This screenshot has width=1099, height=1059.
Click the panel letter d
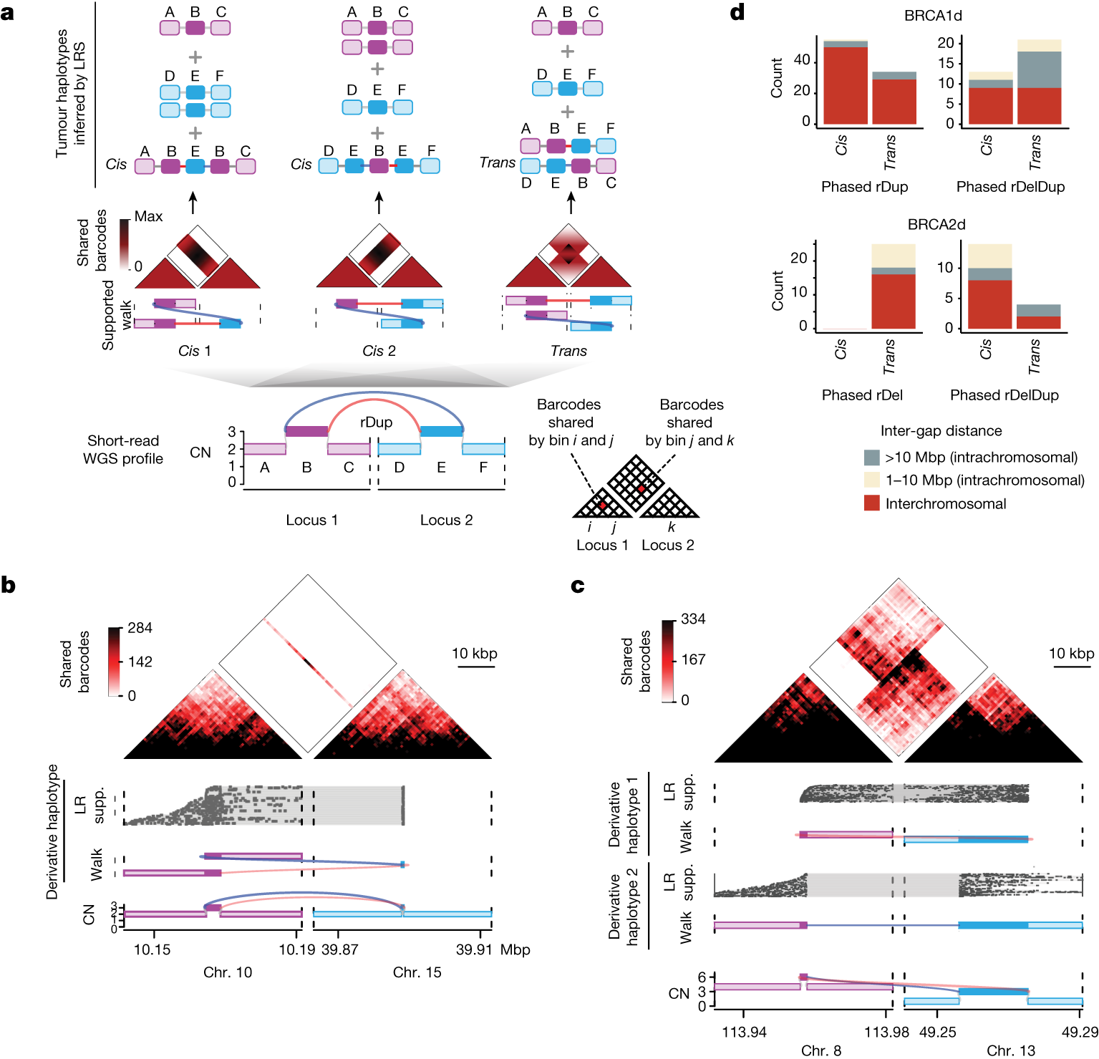[737, 12]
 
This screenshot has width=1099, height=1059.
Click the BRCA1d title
[932, 16]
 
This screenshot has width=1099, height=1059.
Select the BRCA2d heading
[936, 224]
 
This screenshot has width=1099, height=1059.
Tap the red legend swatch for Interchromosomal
[871, 503]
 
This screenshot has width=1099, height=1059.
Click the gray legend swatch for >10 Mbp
[871, 458]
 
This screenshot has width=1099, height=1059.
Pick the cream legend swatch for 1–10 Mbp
[871, 480]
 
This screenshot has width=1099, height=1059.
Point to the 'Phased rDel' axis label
[861, 395]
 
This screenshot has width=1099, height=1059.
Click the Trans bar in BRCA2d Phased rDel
[893, 301]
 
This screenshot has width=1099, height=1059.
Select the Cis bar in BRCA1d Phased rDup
[846, 84]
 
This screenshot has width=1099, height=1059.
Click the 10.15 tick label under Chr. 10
[152, 949]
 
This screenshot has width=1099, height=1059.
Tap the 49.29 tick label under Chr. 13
[1079, 1032]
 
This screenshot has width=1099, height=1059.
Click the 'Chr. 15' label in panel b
[417, 972]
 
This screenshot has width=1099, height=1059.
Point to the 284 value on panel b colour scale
[140, 628]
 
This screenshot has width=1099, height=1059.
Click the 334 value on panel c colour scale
[692, 619]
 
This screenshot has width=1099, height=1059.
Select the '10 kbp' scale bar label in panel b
[474, 653]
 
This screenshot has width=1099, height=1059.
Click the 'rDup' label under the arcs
[376, 422]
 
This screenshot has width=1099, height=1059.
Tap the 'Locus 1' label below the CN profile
[311, 520]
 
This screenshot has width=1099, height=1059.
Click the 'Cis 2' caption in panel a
[378, 351]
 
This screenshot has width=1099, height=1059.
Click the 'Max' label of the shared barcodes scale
[148, 216]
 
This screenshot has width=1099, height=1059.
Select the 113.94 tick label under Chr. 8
[744, 1032]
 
